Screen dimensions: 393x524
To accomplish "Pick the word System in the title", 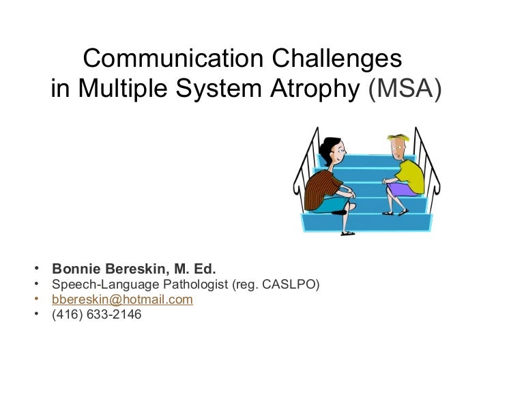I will point(216,89).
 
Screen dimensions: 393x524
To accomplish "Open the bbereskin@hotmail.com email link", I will point(122,300).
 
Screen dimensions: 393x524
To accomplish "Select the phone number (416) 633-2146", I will point(96,315).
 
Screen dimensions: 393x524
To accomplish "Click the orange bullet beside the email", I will point(35,299).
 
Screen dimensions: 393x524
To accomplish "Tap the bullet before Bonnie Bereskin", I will point(35,267).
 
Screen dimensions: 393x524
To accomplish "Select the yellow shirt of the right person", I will point(409,174).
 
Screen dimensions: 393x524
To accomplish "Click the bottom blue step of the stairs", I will point(368,221).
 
